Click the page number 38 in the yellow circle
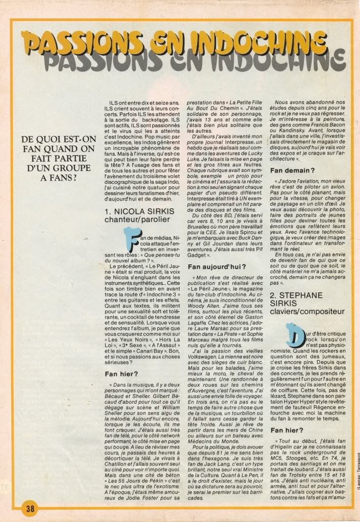point(29,508)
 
